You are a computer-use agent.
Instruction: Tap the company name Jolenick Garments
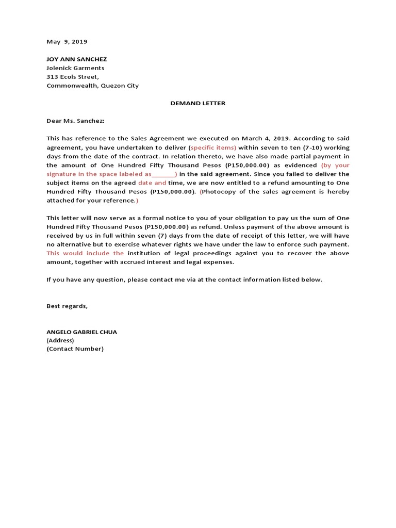coord(75,68)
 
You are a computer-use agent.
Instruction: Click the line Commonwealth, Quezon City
coord(92,86)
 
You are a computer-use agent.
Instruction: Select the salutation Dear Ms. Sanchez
coord(75,121)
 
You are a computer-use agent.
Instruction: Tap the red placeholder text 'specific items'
coord(213,147)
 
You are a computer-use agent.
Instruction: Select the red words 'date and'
coord(152,183)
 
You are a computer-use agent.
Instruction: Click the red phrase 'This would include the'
coord(85,253)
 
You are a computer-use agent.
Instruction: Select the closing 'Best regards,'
coord(67,306)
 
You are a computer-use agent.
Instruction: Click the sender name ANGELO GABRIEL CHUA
coord(81,332)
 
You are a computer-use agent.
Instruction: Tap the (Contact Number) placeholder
coord(75,349)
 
